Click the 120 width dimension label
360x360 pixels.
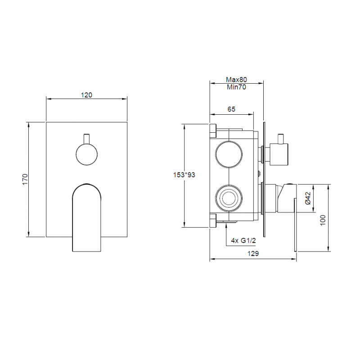[86, 95]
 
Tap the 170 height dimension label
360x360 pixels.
[25, 179]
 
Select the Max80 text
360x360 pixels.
[237, 80]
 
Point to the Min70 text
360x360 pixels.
[237, 87]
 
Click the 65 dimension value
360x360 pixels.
[231, 109]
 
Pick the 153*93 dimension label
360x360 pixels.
[184, 175]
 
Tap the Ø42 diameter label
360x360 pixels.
[308, 198]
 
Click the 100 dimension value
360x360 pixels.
[323, 220]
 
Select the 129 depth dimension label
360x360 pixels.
[253, 253]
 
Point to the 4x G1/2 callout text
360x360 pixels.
[243, 241]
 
